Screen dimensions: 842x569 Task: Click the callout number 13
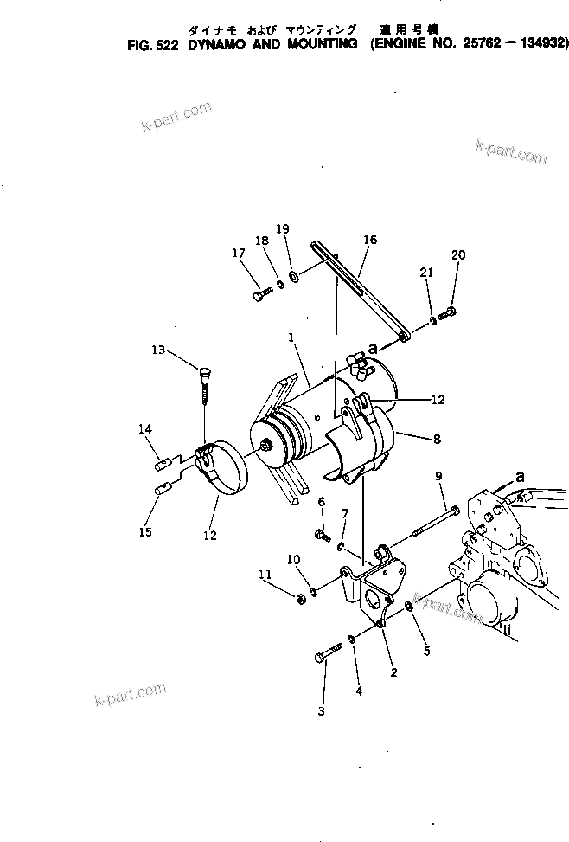[x=157, y=350]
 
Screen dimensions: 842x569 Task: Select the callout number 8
[x=437, y=440]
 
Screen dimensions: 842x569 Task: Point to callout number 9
[x=438, y=477]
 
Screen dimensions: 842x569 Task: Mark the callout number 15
[x=145, y=532]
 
